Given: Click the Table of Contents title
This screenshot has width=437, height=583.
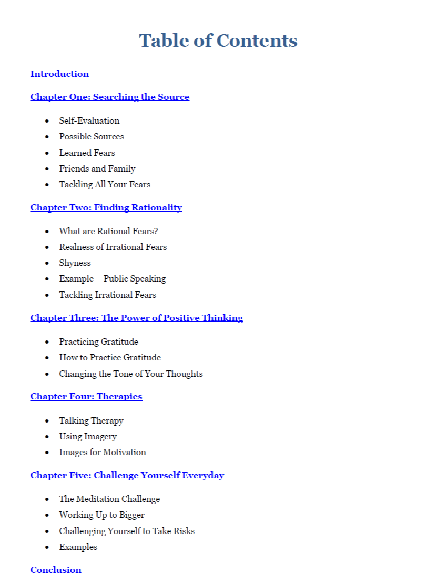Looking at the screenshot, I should click(x=218, y=41).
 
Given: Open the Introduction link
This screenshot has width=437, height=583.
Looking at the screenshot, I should click(x=59, y=74).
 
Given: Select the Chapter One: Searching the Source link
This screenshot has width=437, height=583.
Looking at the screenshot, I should click(x=109, y=97).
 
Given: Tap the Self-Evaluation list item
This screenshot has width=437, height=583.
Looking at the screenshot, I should click(x=89, y=121).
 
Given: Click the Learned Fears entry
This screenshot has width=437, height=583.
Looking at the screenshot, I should click(x=87, y=153).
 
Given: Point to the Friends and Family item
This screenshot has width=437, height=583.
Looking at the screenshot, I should click(x=97, y=169).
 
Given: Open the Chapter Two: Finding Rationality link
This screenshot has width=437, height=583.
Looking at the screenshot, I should click(x=106, y=208).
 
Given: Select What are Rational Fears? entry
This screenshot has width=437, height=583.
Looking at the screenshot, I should click(x=108, y=232).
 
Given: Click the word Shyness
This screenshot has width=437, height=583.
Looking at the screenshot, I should click(x=75, y=263).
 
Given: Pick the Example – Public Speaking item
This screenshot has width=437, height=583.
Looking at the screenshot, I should click(x=112, y=279).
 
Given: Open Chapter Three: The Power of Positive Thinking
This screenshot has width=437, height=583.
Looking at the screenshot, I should click(x=136, y=318).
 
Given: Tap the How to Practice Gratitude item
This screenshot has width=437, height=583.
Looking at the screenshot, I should click(x=110, y=358).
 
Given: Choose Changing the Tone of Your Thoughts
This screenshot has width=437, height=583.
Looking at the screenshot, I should click(x=130, y=374).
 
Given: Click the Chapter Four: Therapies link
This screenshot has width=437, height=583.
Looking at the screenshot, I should click(x=86, y=397).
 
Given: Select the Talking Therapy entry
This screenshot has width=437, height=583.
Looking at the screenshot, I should click(x=91, y=421).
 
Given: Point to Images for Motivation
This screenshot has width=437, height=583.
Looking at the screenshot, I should click(x=102, y=453).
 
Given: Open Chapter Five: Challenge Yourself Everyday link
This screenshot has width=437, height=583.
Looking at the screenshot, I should click(x=127, y=476).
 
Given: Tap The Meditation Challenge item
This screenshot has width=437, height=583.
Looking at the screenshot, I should click(x=109, y=499).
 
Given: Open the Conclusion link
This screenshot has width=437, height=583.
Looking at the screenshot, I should click(x=56, y=570).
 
